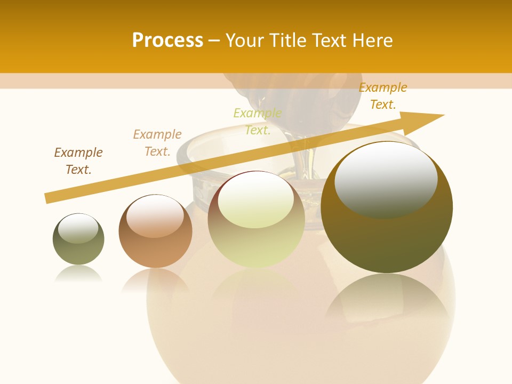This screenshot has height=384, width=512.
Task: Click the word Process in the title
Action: [167, 41]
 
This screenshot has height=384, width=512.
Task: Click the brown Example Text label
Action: [78, 161]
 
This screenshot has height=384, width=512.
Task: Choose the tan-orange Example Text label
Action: [157, 143]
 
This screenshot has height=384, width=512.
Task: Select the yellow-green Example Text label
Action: [258, 122]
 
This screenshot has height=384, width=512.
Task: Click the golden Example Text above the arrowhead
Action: [383, 96]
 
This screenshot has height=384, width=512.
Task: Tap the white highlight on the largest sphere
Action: [386, 179]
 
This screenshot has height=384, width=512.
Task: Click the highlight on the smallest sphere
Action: [78, 228]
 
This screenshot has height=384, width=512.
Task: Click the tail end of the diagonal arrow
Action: [48, 198]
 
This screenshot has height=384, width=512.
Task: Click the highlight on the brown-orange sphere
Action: [155, 217]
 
